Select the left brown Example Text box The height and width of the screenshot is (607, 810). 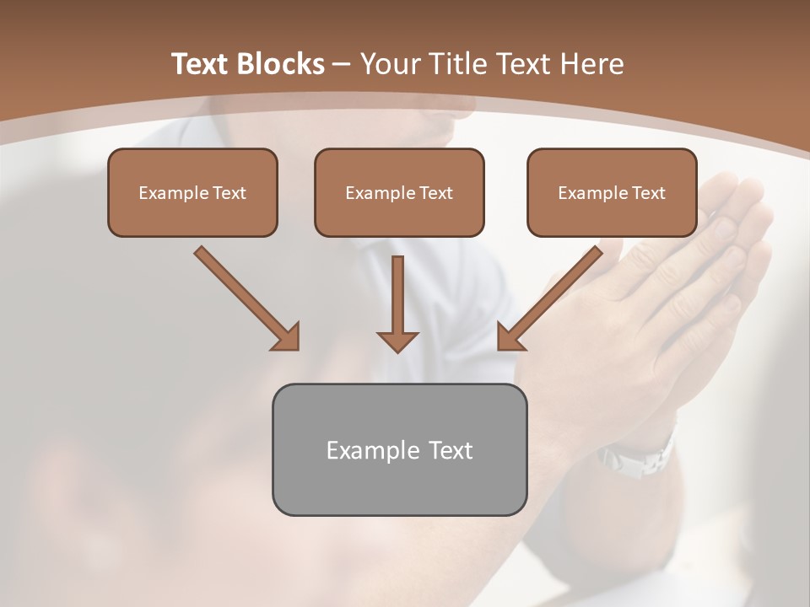click(x=192, y=192)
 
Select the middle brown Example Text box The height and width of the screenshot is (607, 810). click(x=399, y=192)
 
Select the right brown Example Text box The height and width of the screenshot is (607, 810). click(x=612, y=192)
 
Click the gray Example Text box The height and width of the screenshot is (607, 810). click(x=399, y=449)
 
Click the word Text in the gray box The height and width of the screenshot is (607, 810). click(x=450, y=450)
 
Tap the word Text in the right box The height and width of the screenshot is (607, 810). click(x=648, y=193)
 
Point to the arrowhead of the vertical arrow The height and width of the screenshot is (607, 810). click(x=397, y=341)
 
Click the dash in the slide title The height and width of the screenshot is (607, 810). click(x=342, y=64)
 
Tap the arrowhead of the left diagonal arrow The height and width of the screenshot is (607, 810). click(x=287, y=337)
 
